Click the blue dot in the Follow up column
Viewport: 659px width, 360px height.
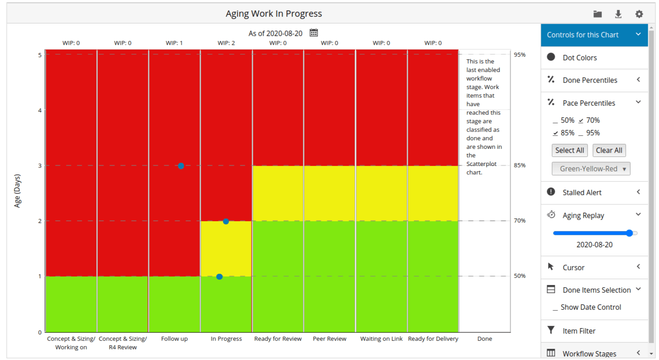(181, 166)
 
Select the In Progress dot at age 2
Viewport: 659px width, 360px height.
(226, 221)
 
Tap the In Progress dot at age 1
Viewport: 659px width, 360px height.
(219, 276)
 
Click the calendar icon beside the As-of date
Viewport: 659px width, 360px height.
(314, 33)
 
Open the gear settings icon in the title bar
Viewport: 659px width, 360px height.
(639, 14)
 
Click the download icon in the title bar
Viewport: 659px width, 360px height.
(618, 14)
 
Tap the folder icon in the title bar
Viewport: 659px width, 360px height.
(597, 14)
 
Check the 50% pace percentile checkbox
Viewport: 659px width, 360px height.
(556, 120)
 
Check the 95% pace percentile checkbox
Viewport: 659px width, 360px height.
(581, 133)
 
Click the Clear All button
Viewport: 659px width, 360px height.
(609, 150)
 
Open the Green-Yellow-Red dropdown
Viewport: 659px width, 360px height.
(591, 169)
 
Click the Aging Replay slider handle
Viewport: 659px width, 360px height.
(629, 233)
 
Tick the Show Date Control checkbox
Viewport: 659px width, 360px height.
(556, 307)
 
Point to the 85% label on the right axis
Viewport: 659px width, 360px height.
(520, 165)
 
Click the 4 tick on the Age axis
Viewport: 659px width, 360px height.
(40, 110)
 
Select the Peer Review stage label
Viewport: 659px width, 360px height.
(329, 339)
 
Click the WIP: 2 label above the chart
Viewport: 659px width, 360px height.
(226, 43)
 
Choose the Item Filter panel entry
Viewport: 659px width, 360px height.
(579, 331)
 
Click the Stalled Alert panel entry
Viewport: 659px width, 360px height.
(582, 192)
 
